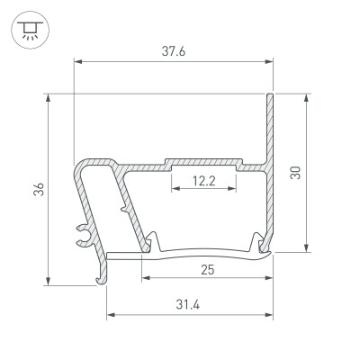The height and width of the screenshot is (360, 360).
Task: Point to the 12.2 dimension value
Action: (x=204, y=181)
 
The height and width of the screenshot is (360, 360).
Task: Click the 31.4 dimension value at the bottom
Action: (x=190, y=303)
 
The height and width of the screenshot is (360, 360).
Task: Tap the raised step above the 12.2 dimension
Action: (x=204, y=164)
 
